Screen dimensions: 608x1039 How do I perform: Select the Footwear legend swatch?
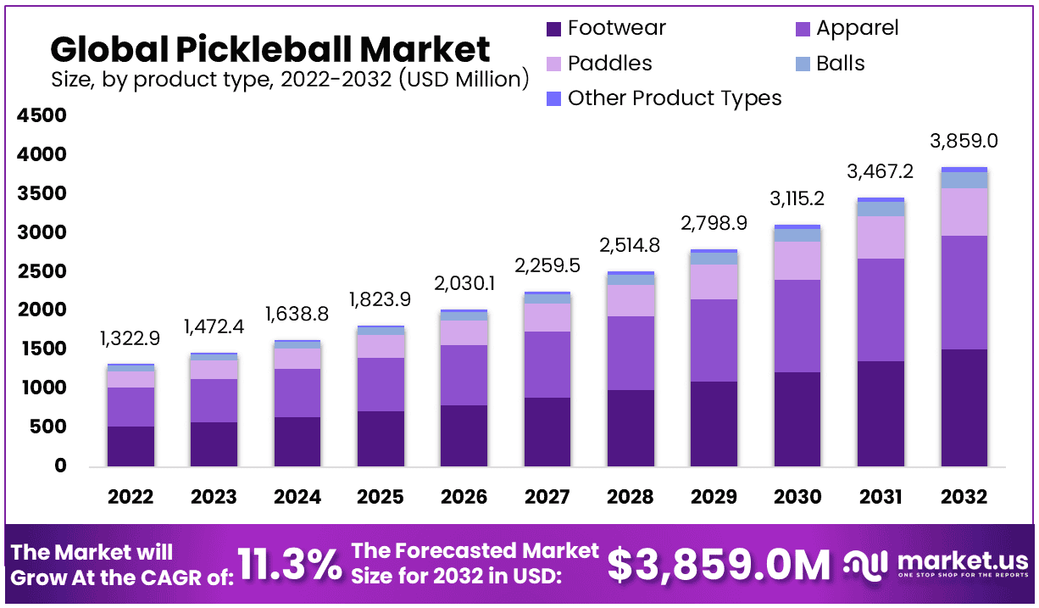(x=554, y=29)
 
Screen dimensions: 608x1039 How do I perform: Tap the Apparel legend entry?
(x=857, y=28)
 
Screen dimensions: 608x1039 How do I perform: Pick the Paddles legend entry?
(x=609, y=64)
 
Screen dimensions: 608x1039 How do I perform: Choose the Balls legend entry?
(x=840, y=64)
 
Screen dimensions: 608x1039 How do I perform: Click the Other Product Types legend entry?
(x=674, y=98)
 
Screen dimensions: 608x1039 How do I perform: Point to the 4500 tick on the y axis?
(x=42, y=116)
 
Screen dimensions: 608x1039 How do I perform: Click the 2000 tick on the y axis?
(x=42, y=310)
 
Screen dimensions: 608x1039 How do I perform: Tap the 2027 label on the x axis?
(x=547, y=497)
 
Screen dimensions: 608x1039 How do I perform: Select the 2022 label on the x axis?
(x=131, y=497)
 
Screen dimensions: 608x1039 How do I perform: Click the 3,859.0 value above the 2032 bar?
(x=964, y=141)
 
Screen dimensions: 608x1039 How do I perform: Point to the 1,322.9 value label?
(x=131, y=340)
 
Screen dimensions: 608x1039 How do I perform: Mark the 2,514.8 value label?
(x=630, y=247)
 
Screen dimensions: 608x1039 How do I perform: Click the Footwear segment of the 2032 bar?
(x=964, y=407)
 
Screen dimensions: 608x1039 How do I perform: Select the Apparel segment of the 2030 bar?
(x=797, y=326)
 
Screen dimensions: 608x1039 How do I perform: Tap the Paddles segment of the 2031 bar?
(x=881, y=237)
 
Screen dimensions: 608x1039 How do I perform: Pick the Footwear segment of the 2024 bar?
(x=297, y=441)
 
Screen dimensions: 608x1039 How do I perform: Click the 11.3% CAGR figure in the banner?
(x=290, y=565)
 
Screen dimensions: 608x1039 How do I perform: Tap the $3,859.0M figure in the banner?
(x=720, y=565)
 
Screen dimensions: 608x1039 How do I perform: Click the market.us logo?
(x=936, y=564)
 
